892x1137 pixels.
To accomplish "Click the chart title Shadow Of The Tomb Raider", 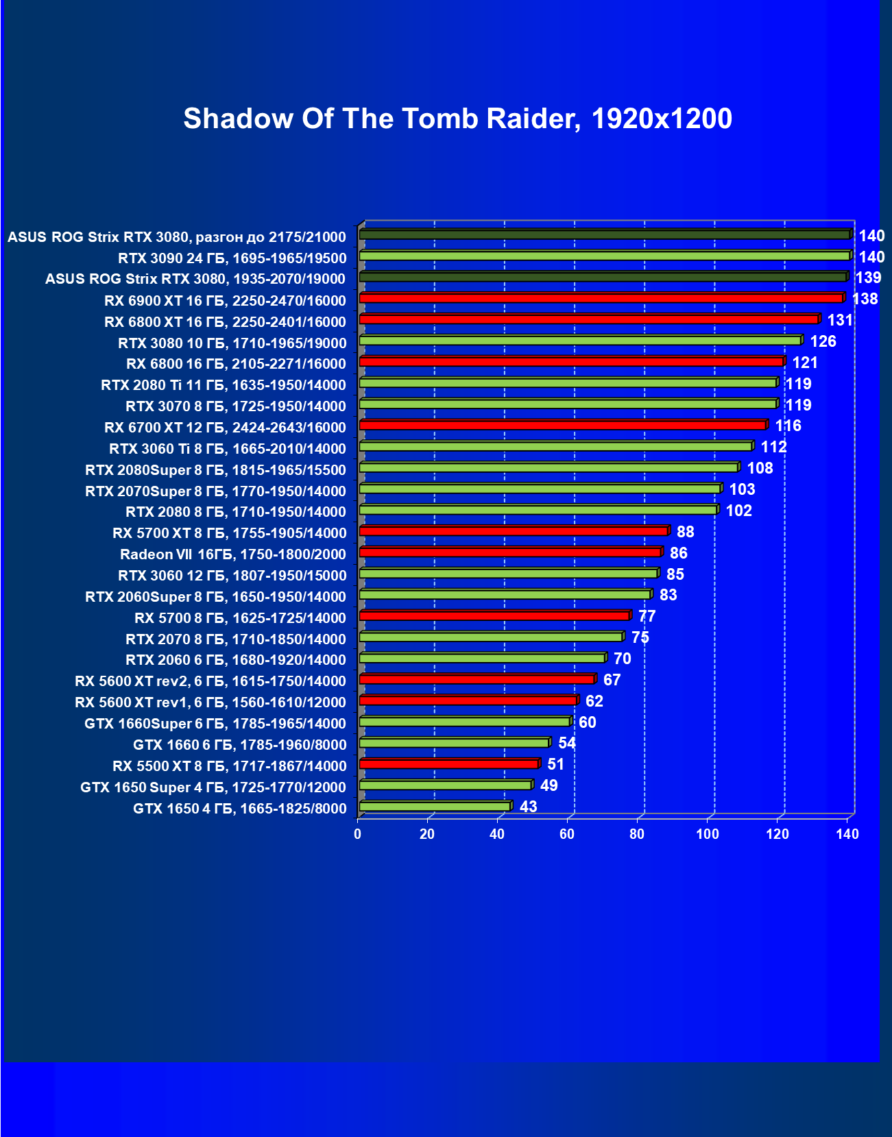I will pyautogui.click(x=457, y=119).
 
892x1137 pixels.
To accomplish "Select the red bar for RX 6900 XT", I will pyautogui.click(x=601, y=298).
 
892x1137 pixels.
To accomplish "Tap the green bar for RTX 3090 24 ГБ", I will pyautogui.click(x=604, y=256).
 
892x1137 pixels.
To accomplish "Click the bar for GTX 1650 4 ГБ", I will pyautogui.click(x=435, y=807).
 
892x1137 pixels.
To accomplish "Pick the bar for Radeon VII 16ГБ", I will pyautogui.click(x=510, y=552).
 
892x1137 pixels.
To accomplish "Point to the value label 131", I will pyautogui.click(x=839, y=320).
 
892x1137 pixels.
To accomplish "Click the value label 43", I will pyautogui.click(x=528, y=807).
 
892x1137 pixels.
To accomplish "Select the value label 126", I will pyautogui.click(x=823, y=341).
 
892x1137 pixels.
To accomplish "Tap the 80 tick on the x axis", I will pyautogui.click(x=637, y=834).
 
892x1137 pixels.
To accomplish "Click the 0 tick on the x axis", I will pyautogui.click(x=357, y=834).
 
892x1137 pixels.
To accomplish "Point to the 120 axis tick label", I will pyautogui.click(x=777, y=834).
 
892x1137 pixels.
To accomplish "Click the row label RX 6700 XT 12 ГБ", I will pyautogui.click(x=225, y=428).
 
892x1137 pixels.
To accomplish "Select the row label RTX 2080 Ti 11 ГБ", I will pyautogui.click(x=223, y=385).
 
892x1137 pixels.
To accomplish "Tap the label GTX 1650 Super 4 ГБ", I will pyautogui.click(x=213, y=787).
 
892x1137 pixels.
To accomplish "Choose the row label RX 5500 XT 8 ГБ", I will pyautogui.click(x=229, y=766).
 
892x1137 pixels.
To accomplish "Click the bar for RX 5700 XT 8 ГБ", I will pyautogui.click(x=514, y=531).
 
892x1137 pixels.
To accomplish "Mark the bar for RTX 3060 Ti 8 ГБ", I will pyautogui.click(x=555, y=447).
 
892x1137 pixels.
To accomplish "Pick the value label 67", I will pyautogui.click(x=612, y=680).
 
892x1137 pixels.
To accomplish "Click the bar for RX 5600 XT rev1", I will pyautogui.click(x=468, y=700).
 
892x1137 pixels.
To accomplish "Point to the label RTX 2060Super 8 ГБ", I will pyautogui.click(x=215, y=597).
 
